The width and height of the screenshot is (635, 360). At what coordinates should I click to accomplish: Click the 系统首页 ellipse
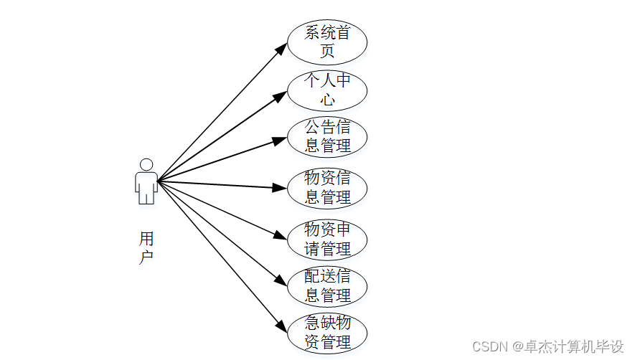click(x=327, y=42)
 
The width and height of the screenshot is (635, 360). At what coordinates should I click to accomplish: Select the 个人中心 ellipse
click(x=327, y=90)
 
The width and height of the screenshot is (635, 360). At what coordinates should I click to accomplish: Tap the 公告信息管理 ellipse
click(x=327, y=137)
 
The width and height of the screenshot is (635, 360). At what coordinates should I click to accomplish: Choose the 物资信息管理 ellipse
click(x=327, y=188)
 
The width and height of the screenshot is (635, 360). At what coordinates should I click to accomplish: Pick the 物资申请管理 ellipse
click(x=327, y=240)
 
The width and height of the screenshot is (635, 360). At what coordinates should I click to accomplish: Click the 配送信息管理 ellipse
click(x=327, y=286)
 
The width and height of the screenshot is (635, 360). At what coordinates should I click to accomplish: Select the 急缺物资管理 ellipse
click(x=327, y=333)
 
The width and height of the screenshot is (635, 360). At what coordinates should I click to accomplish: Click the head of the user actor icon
click(x=146, y=164)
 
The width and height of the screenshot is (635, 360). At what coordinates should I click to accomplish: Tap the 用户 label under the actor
click(x=146, y=247)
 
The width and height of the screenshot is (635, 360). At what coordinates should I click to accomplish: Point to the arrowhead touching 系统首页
click(x=281, y=47)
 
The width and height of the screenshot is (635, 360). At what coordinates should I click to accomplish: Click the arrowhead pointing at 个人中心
click(x=281, y=95)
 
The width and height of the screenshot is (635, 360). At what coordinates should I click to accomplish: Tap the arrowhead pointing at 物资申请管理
click(x=281, y=235)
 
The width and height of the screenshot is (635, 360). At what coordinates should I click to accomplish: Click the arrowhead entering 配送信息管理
click(x=281, y=281)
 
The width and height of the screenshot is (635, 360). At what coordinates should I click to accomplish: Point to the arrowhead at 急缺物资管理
click(x=282, y=327)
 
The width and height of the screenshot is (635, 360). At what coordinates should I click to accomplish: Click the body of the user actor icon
click(x=146, y=186)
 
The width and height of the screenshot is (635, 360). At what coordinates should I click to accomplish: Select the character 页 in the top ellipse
click(x=327, y=51)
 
